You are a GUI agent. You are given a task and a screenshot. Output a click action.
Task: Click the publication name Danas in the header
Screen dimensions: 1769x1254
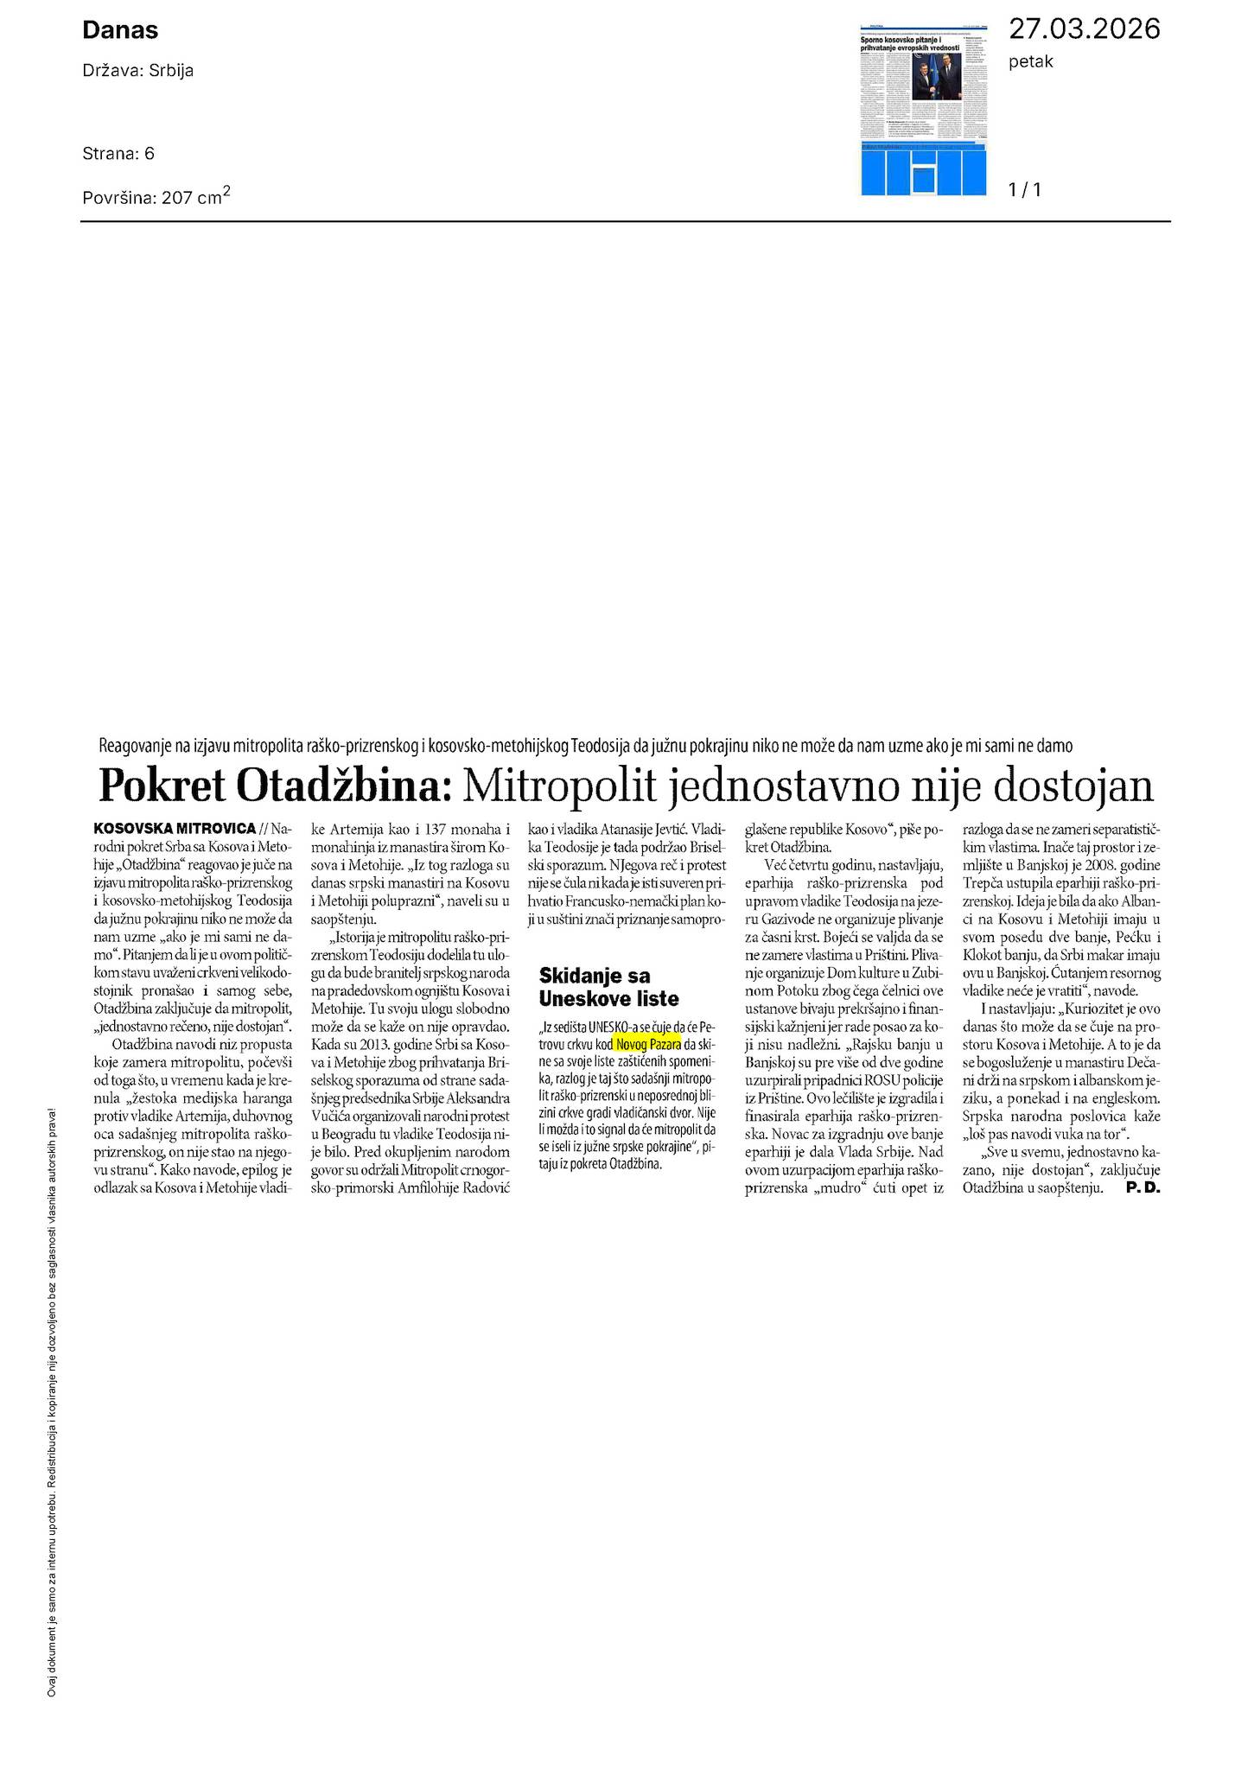click(x=120, y=31)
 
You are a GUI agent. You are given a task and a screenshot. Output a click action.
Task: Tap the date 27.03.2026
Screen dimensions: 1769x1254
click(x=1084, y=29)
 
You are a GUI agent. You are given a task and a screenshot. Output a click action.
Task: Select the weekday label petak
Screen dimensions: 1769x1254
click(x=1031, y=62)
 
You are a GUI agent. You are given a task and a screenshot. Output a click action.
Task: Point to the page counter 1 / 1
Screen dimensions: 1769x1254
click(x=1025, y=189)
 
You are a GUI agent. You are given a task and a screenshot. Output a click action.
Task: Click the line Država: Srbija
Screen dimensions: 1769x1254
click(x=137, y=71)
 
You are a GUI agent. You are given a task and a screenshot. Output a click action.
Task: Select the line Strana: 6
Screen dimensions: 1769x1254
click(x=118, y=154)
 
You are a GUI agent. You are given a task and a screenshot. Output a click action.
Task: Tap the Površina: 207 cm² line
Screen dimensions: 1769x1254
click(x=156, y=196)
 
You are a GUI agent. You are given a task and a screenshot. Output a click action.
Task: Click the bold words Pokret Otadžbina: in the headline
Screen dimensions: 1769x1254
click(x=276, y=786)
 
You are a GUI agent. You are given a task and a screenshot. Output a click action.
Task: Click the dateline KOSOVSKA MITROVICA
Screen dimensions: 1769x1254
click(x=175, y=827)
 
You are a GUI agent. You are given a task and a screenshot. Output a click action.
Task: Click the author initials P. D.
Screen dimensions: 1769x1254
click(x=1143, y=1188)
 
